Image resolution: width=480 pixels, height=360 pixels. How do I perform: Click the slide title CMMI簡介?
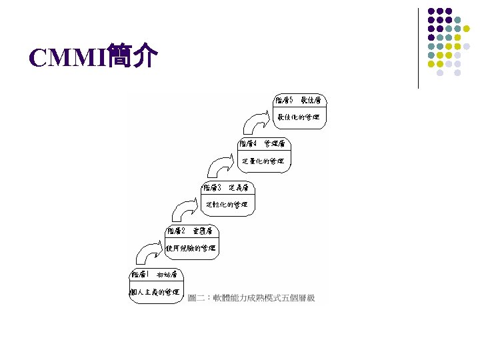tap(93, 58)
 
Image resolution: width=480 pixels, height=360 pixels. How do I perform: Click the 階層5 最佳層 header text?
tap(299, 100)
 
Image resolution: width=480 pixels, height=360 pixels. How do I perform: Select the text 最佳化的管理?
tap(299, 117)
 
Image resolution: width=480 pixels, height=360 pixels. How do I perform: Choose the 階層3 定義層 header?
tap(226, 187)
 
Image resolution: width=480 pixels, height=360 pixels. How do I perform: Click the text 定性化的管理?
tap(227, 204)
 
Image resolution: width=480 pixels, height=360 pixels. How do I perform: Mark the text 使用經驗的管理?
tap(191, 248)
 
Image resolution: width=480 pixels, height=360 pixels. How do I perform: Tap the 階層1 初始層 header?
tap(154, 274)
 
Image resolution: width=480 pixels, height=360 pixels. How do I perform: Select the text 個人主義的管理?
tap(154, 292)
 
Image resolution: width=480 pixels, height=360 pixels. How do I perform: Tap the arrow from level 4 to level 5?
tap(259, 123)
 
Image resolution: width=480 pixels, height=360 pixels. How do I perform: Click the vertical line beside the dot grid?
tap(418, 48)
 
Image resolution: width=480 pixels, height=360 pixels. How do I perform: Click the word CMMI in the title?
tap(67, 59)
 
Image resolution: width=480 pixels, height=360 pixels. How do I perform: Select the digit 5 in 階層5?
tap(291, 100)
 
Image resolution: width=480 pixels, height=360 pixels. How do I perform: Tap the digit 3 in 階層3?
tap(219, 187)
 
